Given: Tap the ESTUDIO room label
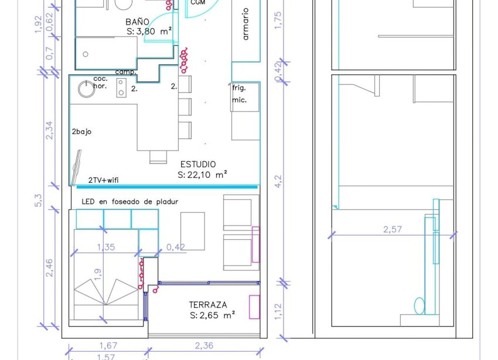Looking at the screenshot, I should click(x=197, y=164).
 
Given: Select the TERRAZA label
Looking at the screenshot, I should click(x=208, y=305).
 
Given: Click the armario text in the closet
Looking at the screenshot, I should click(x=245, y=24).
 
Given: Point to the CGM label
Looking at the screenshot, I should click(x=197, y=3).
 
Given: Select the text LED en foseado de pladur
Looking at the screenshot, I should click(x=129, y=202).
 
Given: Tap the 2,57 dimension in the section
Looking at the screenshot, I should click(x=393, y=229).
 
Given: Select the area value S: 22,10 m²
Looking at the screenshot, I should click(x=202, y=175).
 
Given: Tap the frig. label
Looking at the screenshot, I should click(x=238, y=88).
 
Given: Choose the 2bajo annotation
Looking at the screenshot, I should click(x=81, y=132).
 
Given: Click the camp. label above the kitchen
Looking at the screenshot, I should click(x=125, y=72).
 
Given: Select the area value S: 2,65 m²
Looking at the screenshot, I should click(x=212, y=315).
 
